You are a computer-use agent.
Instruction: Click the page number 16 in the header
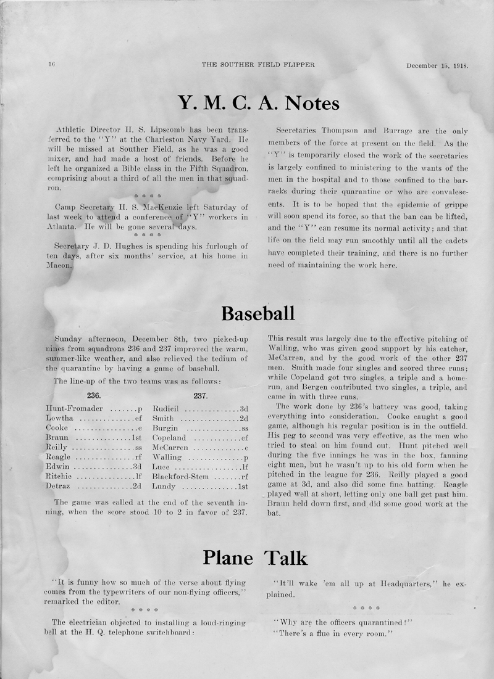click(x=51, y=64)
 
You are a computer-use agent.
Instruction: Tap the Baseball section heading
click(x=257, y=313)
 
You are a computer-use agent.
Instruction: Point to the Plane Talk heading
click(x=255, y=558)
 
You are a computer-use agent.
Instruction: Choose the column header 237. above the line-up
click(x=200, y=396)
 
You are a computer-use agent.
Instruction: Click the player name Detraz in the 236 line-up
click(x=60, y=487)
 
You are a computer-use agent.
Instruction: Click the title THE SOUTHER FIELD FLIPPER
click(x=258, y=64)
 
